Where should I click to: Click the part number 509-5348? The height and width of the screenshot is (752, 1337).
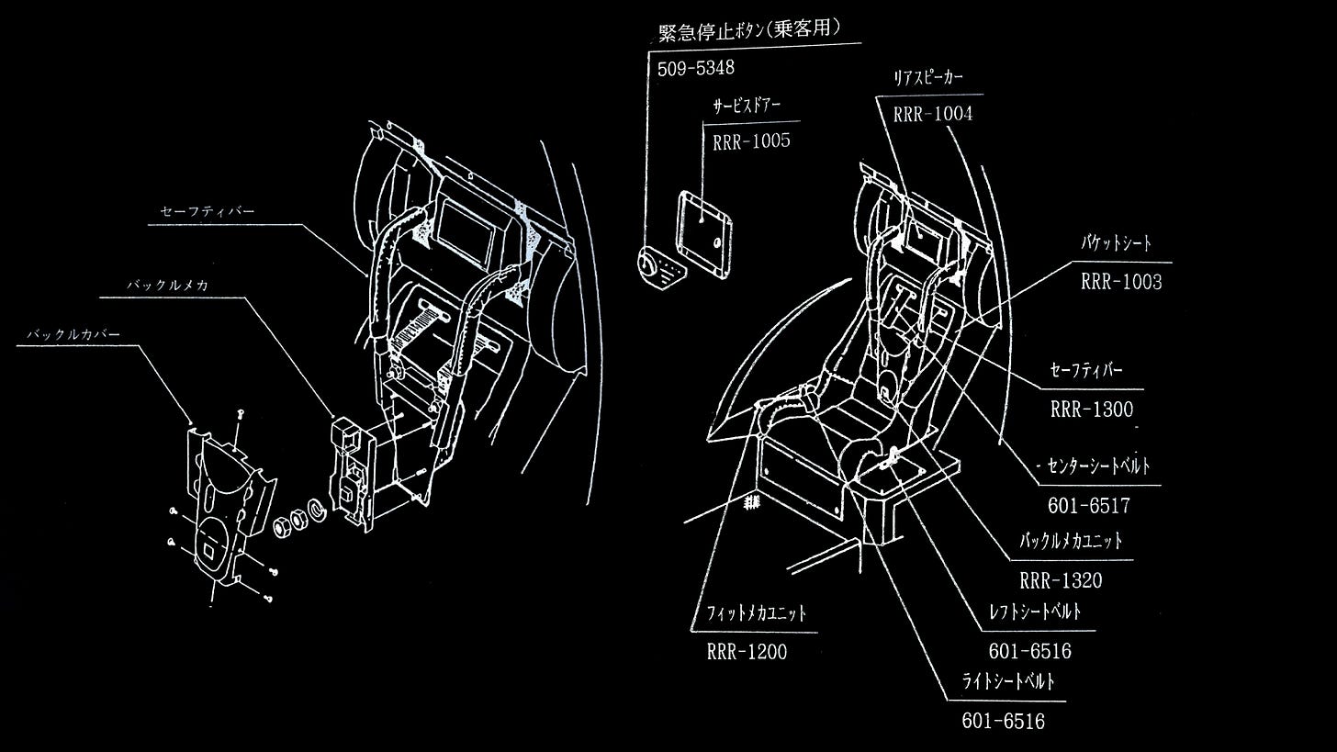coord(696,68)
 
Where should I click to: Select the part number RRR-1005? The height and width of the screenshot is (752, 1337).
coord(751,141)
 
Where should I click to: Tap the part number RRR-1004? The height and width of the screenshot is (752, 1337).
coord(932,115)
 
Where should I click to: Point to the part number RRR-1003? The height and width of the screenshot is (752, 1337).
coord(1121,282)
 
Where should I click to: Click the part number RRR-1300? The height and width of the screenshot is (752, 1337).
coord(1092,410)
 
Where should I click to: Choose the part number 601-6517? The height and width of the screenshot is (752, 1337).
coord(1088,505)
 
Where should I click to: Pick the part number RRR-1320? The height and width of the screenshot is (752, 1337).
coord(1061,580)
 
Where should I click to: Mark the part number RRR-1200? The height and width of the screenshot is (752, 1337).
coord(747,652)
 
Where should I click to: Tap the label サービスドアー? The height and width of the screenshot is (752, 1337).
coord(747,106)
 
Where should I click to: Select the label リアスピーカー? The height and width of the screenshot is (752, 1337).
coord(928,78)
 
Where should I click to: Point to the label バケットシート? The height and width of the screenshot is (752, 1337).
coord(1116,244)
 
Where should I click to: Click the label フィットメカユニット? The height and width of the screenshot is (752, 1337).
coord(757,612)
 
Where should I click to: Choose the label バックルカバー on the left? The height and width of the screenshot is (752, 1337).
coord(73,334)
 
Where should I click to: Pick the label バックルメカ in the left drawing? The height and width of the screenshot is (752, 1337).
coord(168,285)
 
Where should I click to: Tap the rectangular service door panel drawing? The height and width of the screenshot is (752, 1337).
coord(705,233)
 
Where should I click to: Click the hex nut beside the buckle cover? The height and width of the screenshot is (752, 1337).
coord(285,526)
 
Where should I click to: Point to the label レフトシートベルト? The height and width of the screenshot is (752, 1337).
coord(1035,612)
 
